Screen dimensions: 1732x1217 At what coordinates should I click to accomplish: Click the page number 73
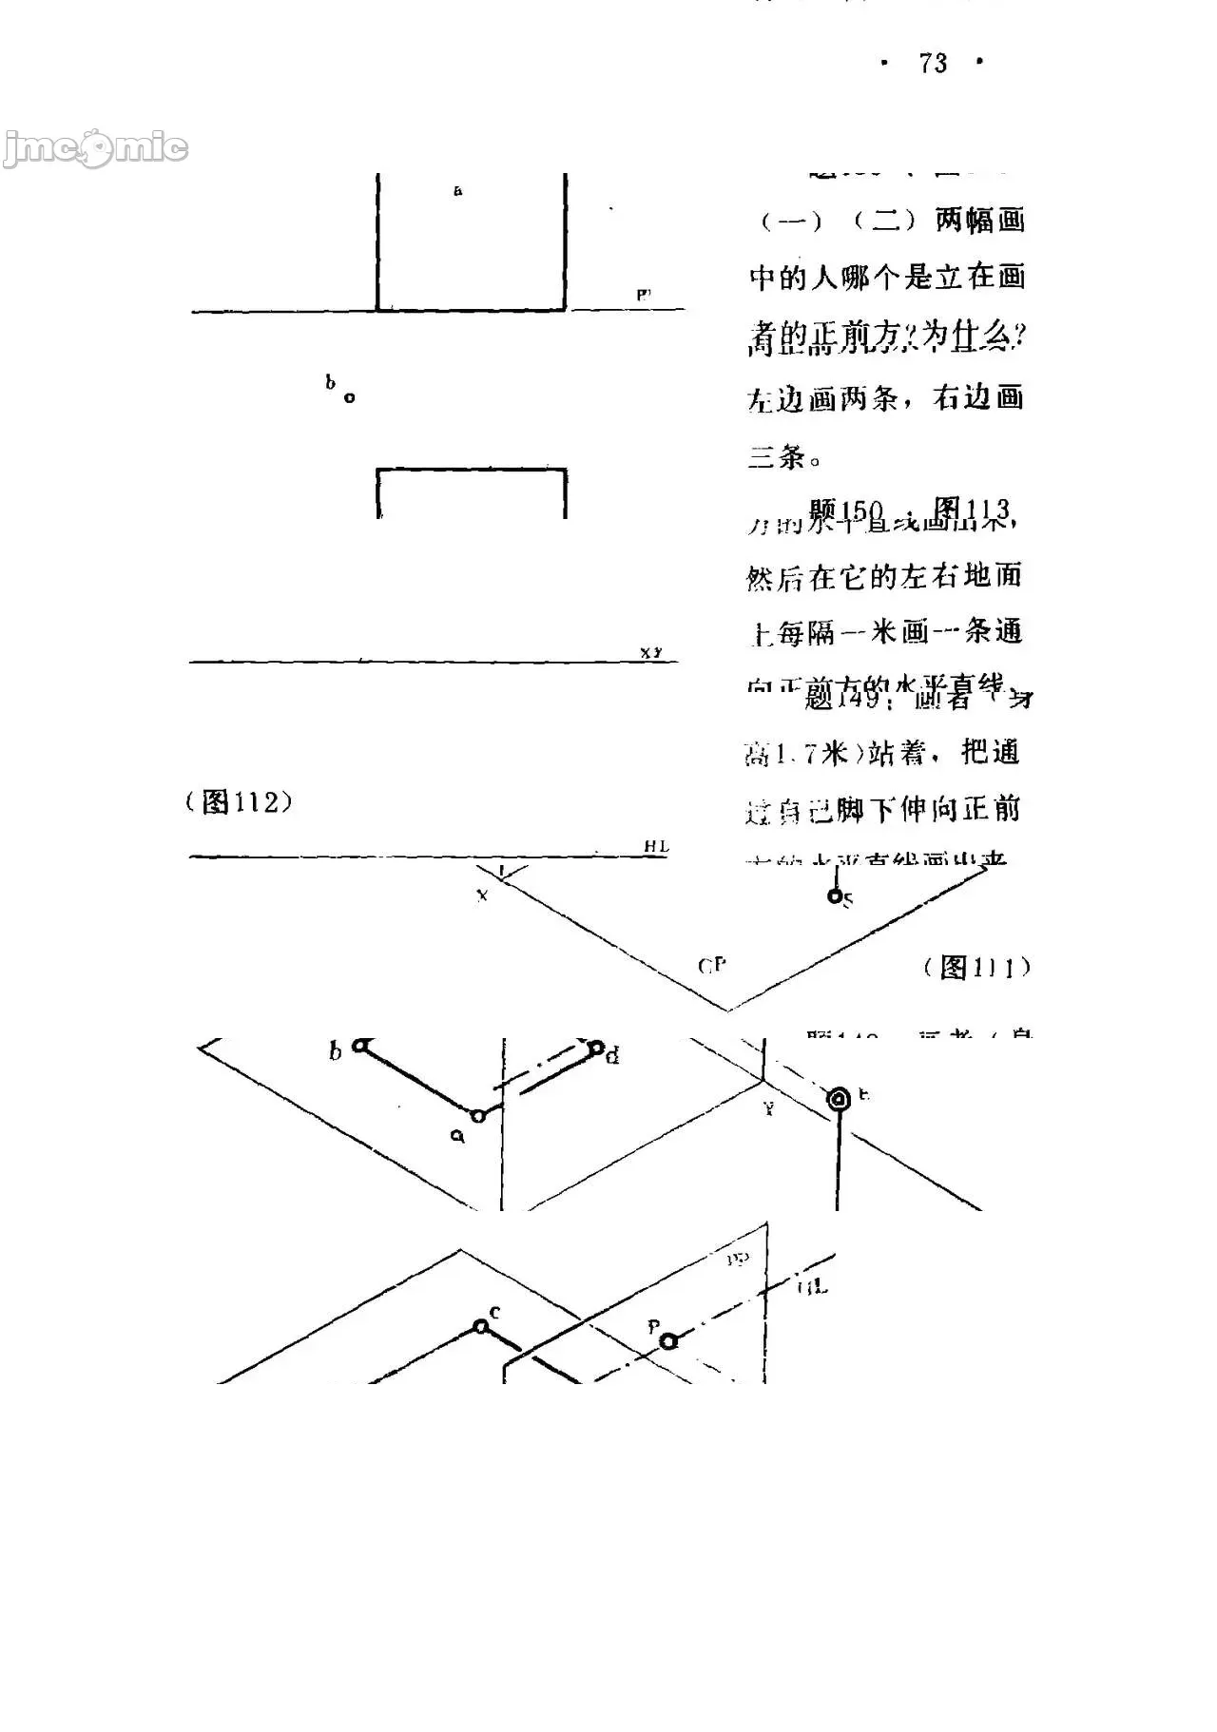tap(933, 64)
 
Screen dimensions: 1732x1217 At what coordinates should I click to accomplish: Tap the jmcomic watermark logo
tap(95, 148)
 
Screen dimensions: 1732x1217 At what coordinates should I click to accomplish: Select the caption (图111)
tap(976, 968)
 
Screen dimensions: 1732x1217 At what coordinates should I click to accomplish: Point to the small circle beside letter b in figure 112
tap(349, 397)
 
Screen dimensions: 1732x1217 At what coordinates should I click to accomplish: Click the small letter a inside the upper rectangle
tap(458, 191)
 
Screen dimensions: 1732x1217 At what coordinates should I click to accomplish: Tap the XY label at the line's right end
tap(650, 652)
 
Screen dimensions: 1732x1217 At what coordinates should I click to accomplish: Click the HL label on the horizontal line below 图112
tap(656, 846)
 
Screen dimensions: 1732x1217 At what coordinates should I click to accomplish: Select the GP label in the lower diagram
tap(712, 966)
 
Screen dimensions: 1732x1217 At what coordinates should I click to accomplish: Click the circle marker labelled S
tap(834, 895)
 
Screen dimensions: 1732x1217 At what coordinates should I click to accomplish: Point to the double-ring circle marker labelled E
tap(839, 1100)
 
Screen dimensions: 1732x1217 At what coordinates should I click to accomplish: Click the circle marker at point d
tap(596, 1049)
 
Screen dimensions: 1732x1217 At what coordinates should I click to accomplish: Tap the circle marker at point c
tap(481, 1325)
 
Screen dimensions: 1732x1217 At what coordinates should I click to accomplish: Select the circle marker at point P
tap(669, 1340)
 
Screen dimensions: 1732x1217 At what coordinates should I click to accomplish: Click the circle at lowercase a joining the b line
tap(478, 1115)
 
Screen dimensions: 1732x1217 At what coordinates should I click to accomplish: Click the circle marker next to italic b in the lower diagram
tap(359, 1046)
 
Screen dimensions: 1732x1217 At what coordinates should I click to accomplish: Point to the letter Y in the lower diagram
tap(768, 1108)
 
